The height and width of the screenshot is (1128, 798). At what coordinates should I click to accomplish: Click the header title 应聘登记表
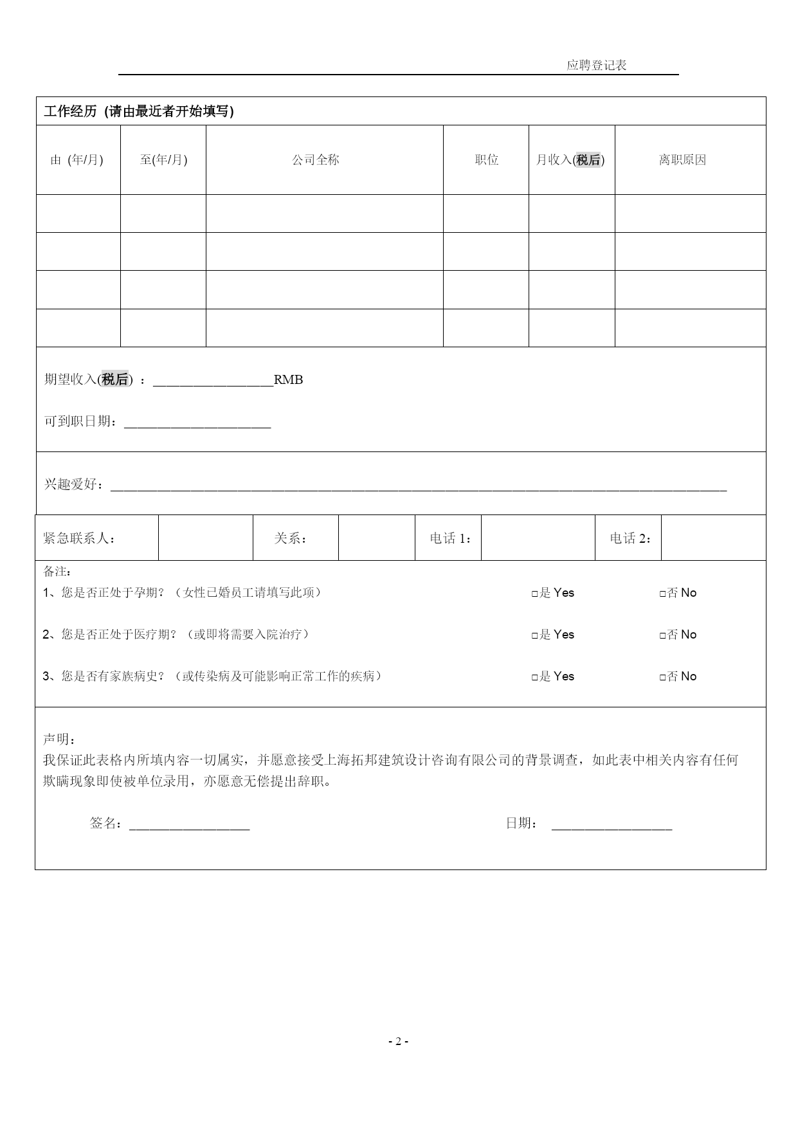tap(596, 65)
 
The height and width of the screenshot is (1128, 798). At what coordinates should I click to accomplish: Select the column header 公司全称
tap(315, 159)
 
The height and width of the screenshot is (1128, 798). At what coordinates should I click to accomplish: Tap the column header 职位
tap(487, 159)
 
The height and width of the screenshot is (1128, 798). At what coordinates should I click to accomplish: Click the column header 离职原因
tap(682, 159)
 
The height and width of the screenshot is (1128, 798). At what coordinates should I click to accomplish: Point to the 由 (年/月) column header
tap(77, 159)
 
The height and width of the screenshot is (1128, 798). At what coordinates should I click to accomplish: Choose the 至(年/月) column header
tap(163, 159)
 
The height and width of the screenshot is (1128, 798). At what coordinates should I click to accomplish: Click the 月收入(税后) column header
tap(570, 159)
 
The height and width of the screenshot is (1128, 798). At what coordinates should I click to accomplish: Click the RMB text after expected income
tap(288, 379)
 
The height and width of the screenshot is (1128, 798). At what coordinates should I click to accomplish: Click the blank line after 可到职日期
tap(197, 423)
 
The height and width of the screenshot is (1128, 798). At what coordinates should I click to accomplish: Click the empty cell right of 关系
tap(376, 538)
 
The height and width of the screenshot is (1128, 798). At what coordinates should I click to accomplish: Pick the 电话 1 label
tap(451, 538)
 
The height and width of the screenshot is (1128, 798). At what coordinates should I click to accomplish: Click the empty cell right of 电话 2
tap(713, 538)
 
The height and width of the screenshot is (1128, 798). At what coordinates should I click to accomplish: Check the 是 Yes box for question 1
tap(535, 594)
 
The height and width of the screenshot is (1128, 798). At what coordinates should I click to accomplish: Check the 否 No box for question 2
tap(663, 635)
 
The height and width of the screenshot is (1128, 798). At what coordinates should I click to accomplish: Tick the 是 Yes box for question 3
tap(535, 677)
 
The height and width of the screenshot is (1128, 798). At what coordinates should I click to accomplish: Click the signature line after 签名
tap(189, 824)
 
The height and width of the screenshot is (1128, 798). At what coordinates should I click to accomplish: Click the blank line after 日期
tap(612, 824)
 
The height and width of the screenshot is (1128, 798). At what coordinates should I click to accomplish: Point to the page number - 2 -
tap(398, 1041)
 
